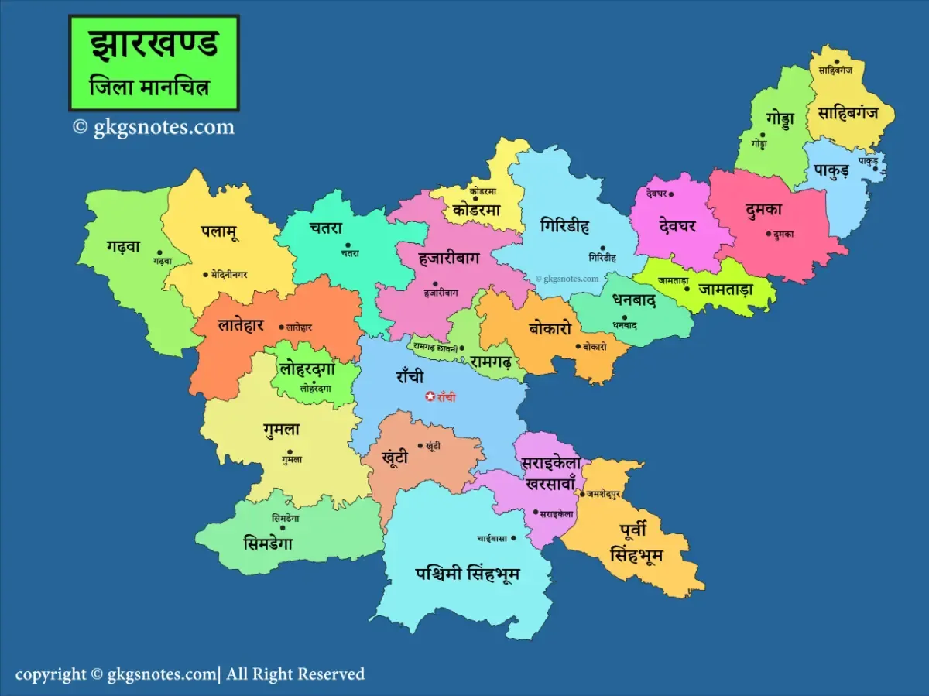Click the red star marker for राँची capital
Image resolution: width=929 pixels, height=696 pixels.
(x=431, y=396)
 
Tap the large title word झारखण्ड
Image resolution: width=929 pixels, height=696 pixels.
(x=154, y=45)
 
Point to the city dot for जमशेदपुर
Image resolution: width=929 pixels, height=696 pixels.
(x=582, y=493)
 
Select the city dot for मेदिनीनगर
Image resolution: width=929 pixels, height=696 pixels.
(x=205, y=274)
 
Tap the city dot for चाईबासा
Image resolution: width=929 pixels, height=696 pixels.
(x=512, y=537)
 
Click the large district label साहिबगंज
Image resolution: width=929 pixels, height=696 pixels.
(x=848, y=113)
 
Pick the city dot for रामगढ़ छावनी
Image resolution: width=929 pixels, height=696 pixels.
(x=462, y=348)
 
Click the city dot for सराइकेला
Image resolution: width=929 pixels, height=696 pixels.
(x=535, y=513)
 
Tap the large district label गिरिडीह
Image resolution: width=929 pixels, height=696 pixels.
(x=565, y=226)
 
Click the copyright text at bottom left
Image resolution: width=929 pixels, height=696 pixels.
(x=190, y=674)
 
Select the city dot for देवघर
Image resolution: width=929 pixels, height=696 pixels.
(x=671, y=194)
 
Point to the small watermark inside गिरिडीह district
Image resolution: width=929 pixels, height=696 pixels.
(x=567, y=279)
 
